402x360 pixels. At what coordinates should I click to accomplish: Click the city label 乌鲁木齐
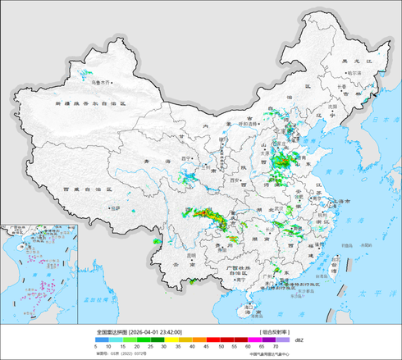pyautogui.click(x=101, y=82)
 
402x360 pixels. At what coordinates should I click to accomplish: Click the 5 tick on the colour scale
pyautogui.click(x=97, y=348)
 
